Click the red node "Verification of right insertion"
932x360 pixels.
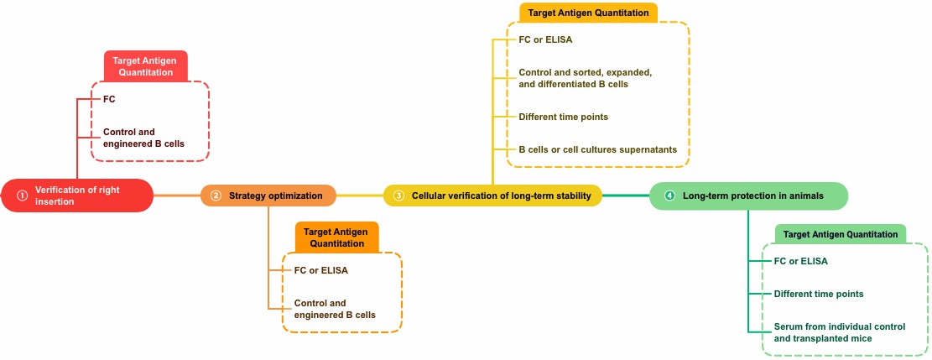(x=77, y=196)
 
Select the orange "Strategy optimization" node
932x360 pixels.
(x=268, y=196)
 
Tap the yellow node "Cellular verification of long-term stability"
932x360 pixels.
(x=492, y=196)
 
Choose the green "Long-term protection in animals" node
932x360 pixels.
(x=748, y=196)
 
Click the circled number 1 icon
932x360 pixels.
(x=23, y=196)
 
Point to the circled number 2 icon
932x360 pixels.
(x=216, y=196)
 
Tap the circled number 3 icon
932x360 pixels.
(x=398, y=196)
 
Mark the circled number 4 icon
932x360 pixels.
(x=669, y=196)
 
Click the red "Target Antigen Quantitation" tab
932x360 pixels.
(x=145, y=66)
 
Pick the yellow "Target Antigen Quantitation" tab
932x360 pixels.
(x=587, y=13)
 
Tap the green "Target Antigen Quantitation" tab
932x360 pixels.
(x=841, y=234)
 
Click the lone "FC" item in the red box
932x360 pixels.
(x=109, y=99)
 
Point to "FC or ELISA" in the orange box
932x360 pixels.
(x=320, y=270)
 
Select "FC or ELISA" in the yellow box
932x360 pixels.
(x=545, y=39)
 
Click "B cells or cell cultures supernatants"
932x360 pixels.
(x=597, y=149)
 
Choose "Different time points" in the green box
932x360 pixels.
(x=818, y=294)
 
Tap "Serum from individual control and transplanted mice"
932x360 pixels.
(x=839, y=332)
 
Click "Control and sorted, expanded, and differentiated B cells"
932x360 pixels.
(x=585, y=78)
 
